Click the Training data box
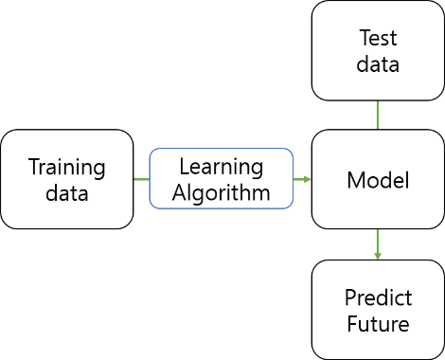point(67,179)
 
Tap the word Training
point(66,168)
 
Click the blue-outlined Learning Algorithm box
point(221,179)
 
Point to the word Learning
point(221,167)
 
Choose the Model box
point(378,179)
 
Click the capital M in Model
point(355,180)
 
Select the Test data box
point(378,51)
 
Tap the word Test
point(378,39)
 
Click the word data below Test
point(378,64)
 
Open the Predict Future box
point(378,311)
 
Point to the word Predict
point(378,298)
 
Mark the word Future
point(378,324)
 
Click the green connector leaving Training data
point(141,179)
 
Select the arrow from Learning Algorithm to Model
point(302,179)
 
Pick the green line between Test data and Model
point(378,116)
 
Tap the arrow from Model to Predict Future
point(378,242)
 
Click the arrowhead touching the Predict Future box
point(378,255)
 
